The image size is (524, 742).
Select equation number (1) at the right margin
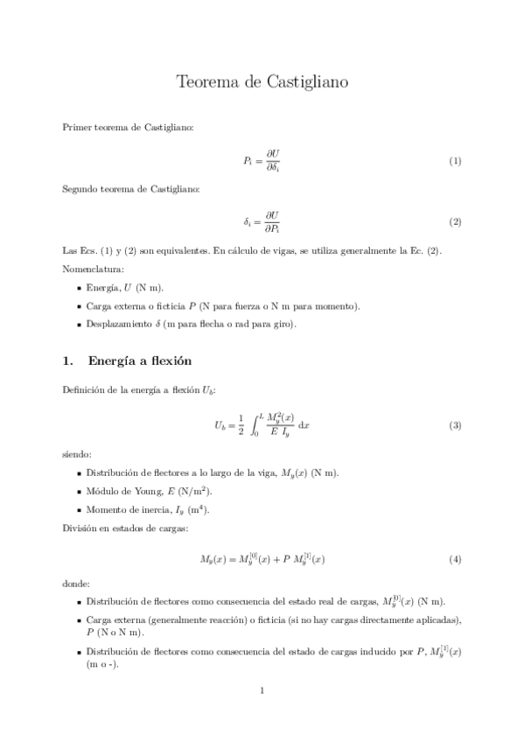pyautogui.click(x=455, y=162)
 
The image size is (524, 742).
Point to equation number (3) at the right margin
pyautogui.click(x=455, y=425)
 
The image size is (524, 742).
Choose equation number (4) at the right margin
pyautogui.click(x=455, y=559)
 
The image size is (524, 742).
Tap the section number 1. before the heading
pyautogui.click(x=68, y=360)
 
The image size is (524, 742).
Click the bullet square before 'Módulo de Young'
pyautogui.click(x=79, y=492)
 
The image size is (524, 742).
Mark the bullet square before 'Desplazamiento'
pyautogui.click(x=79, y=325)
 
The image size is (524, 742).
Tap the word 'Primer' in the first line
pyautogui.click(x=76, y=128)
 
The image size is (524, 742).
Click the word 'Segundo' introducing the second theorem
pyautogui.click(x=80, y=188)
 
